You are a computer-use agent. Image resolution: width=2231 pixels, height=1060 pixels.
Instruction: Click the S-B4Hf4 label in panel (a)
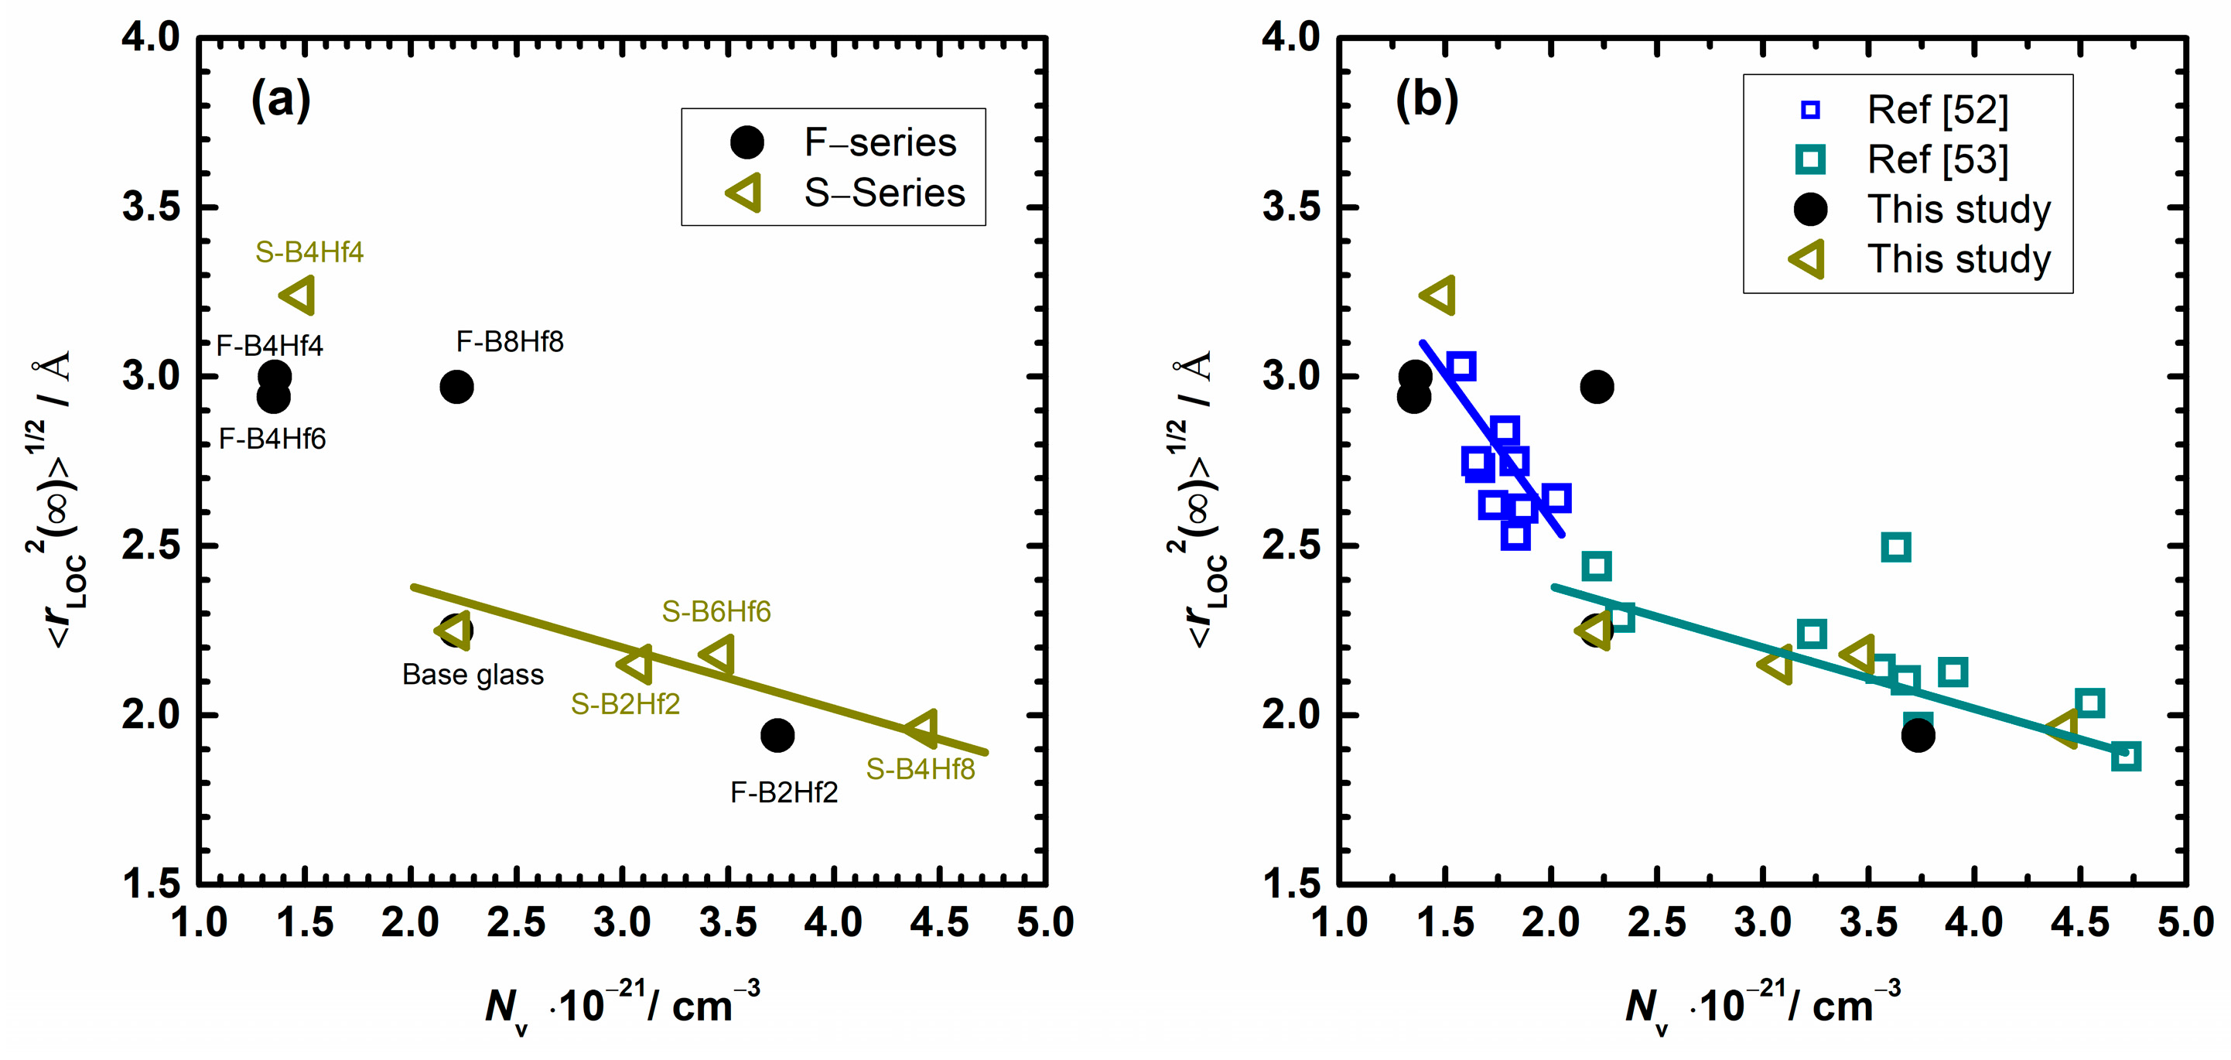(x=309, y=252)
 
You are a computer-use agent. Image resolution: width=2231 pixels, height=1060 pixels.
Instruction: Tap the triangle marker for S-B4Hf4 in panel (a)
(x=299, y=296)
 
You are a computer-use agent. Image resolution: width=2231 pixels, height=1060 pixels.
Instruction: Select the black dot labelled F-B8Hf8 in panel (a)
(x=456, y=386)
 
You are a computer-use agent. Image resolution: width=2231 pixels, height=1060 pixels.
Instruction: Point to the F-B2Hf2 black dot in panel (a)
(x=777, y=735)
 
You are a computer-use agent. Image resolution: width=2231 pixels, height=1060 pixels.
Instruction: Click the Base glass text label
(x=473, y=675)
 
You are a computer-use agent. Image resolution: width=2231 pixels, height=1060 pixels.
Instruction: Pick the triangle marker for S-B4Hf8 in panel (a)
(x=922, y=728)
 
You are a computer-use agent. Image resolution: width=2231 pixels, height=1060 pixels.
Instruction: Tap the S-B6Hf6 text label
(x=716, y=611)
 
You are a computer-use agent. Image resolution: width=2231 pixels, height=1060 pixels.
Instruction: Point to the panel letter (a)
(x=281, y=100)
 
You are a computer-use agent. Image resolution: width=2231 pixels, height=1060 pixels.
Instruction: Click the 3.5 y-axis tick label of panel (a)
(x=151, y=207)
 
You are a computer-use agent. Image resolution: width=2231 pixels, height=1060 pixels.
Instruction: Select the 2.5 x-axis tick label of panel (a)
(x=516, y=922)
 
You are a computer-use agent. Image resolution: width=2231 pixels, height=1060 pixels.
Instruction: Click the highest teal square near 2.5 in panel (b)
(x=1896, y=547)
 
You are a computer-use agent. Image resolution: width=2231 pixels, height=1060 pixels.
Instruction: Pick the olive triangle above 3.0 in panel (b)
(x=1440, y=296)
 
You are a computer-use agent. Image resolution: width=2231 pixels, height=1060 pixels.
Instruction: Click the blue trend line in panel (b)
(x=1491, y=438)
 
